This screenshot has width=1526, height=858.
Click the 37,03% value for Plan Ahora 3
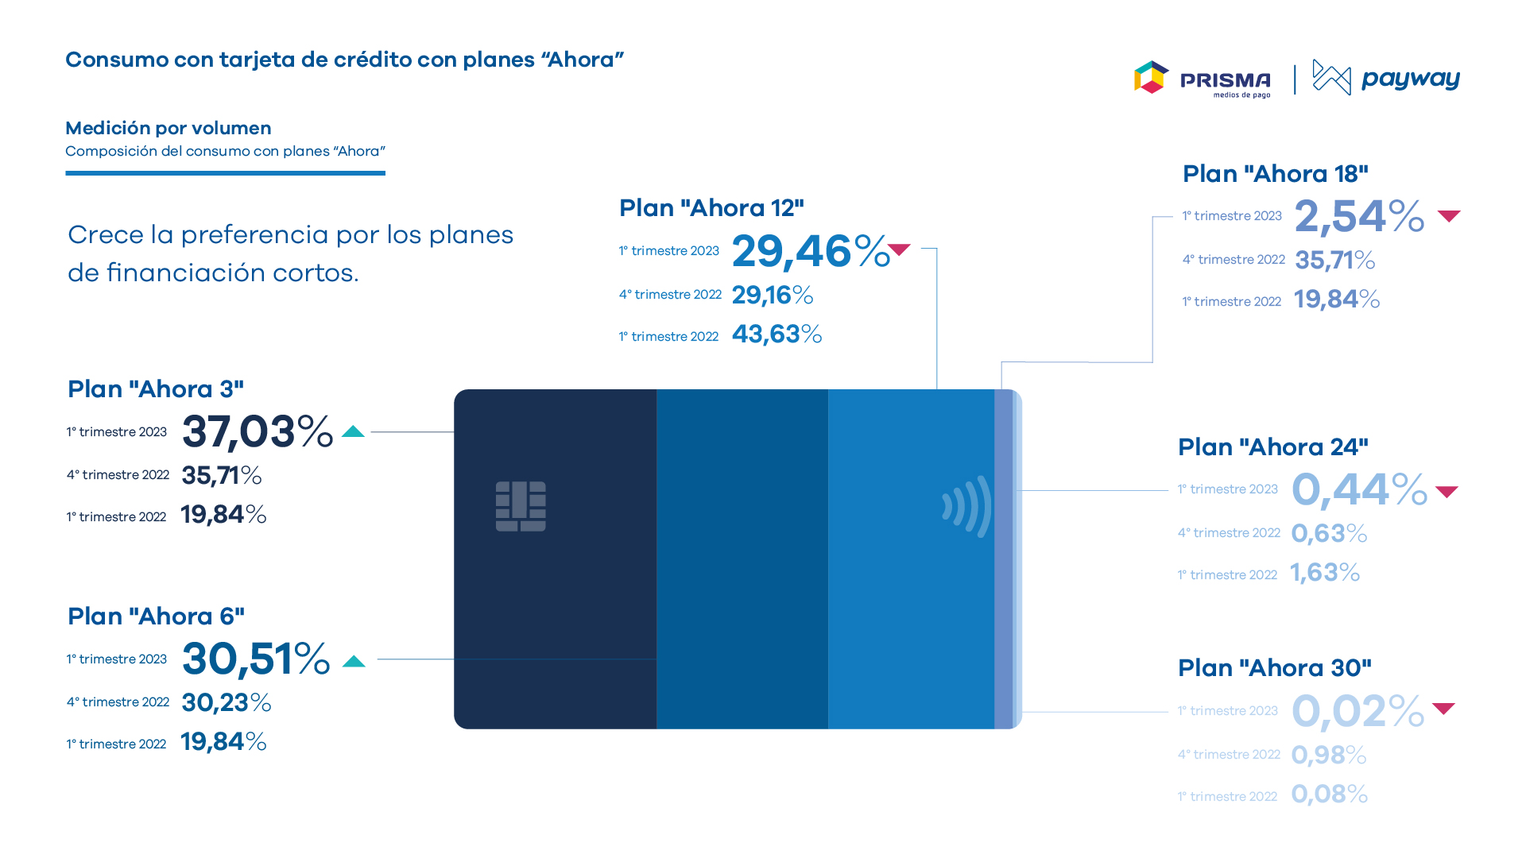pos(258,432)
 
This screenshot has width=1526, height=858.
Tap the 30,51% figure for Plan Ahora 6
pos(256,659)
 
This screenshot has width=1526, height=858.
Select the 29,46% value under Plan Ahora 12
pos(811,252)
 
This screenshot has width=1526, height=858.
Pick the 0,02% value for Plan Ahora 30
pos(1358,711)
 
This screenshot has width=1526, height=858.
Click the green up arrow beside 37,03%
pos(353,431)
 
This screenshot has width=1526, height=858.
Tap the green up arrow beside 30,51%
pos(354,661)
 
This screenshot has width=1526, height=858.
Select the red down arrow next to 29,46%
pos(899,249)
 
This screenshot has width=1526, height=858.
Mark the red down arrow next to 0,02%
pos(1443,708)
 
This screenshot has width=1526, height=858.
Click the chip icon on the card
pos(521,506)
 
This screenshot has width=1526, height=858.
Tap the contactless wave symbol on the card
pos(967,506)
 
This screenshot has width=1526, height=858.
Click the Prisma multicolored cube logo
pos(1151,77)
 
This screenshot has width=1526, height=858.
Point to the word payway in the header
pos(1411,79)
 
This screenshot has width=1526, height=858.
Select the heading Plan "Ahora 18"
pos(1276,174)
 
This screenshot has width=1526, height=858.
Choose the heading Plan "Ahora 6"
pos(157,616)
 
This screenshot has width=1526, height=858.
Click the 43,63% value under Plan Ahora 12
pos(777,334)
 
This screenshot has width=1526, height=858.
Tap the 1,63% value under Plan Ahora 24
pos(1325,573)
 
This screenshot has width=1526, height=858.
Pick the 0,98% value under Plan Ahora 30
pos(1329,755)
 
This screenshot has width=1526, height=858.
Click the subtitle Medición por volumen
pos(168,129)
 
